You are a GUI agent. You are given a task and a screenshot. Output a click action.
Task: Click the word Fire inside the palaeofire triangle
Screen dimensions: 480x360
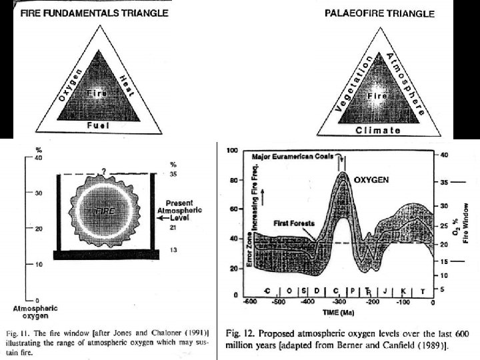point(378,97)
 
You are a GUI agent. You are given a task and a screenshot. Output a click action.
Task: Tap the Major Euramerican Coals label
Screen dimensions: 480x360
point(294,157)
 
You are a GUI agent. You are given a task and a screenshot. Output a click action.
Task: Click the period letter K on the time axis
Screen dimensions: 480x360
point(403,291)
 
